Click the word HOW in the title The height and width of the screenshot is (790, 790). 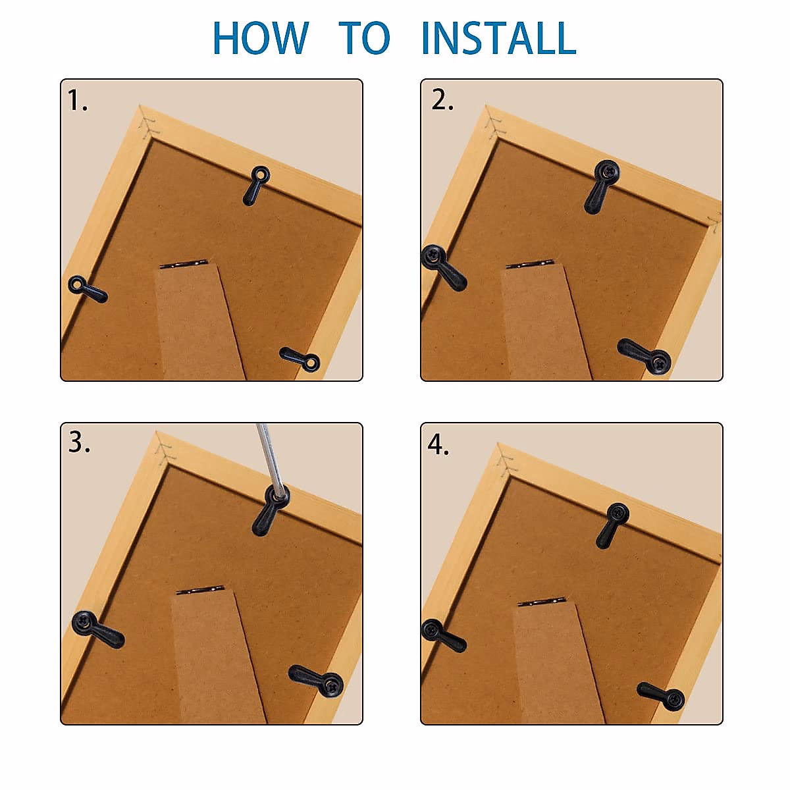click(261, 38)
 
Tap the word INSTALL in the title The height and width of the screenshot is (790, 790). click(498, 38)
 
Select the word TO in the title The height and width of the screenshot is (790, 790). click(365, 38)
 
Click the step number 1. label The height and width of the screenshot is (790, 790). click(77, 101)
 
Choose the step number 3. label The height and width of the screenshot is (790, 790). click(79, 443)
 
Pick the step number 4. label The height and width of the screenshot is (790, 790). click(438, 445)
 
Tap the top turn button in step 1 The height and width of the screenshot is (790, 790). click(255, 185)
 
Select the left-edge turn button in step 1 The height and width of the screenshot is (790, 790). click(88, 289)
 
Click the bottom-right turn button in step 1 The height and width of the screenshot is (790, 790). click(301, 359)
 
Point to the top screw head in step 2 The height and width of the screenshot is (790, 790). click(606, 171)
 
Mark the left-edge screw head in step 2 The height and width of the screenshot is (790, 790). click(433, 256)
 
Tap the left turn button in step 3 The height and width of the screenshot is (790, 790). click(97, 629)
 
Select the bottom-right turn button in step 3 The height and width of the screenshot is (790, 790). click(317, 679)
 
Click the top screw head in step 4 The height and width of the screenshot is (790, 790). click(618, 513)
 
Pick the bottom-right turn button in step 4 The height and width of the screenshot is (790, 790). click(661, 696)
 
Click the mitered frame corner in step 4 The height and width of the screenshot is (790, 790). click(504, 459)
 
